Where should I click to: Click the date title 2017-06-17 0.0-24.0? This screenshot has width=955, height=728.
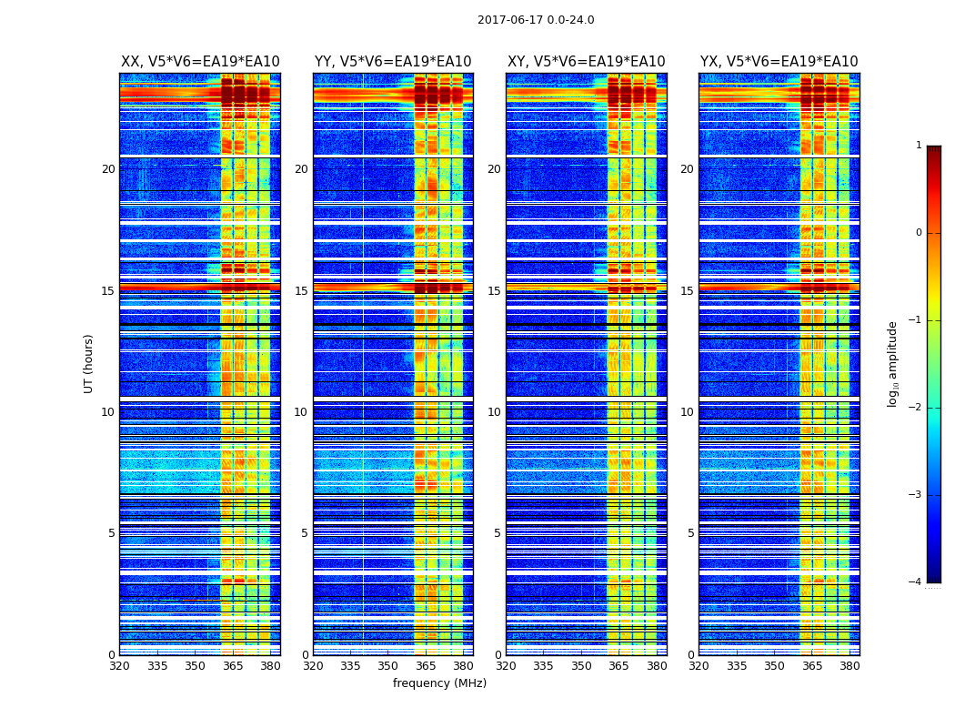tap(536, 20)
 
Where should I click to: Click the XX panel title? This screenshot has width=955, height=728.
tap(200, 62)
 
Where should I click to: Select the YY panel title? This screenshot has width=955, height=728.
tap(393, 62)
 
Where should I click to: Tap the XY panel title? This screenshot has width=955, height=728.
tap(586, 62)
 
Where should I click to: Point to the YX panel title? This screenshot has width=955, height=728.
tap(779, 62)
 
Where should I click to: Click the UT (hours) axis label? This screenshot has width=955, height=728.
tap(89, 363)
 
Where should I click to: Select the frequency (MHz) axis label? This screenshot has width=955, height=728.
tap(439, 683)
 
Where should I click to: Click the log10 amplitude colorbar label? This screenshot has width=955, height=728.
tap(893, 363)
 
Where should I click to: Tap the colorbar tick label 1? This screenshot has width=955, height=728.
tap(919, 146)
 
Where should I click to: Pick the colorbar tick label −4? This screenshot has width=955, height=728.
tap(916, 582)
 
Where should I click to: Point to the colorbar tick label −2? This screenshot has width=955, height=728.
tap(916, 408)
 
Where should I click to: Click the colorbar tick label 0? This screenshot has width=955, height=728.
tap(919, 233)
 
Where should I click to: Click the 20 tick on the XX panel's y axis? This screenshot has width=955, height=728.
tap(108, 169)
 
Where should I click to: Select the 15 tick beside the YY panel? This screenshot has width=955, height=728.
tap(301, 291)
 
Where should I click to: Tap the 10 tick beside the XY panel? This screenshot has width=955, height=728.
tap(494, 412)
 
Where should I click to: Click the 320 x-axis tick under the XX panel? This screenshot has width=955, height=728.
tap(119, 666)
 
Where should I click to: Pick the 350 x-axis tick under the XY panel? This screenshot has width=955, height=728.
tap(581, 666)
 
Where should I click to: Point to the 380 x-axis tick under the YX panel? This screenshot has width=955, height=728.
tap(849, 666)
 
